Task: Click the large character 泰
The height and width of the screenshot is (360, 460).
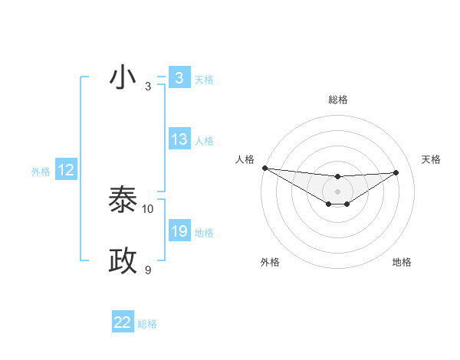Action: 123,200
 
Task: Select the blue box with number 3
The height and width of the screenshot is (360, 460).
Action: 179,78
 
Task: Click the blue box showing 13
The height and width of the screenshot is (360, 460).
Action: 179,139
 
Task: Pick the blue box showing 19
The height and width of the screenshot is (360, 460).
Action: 179,231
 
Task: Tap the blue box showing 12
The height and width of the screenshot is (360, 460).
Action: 66,170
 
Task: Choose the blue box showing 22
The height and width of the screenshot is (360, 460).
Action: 122,322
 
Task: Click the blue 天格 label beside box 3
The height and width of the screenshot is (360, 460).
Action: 204,79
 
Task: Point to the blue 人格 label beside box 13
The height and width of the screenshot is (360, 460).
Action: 204,140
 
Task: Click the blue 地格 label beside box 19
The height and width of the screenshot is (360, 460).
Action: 204,232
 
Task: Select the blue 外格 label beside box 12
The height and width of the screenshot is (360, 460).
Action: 41,171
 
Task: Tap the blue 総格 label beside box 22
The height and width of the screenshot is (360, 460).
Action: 147,323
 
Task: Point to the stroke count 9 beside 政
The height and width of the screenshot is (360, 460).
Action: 148,270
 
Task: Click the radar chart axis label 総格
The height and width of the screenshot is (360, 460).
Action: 338,100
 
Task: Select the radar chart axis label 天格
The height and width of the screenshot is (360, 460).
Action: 432,159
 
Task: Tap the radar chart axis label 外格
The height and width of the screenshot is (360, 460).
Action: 270,262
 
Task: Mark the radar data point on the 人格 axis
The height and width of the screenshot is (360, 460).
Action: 264,168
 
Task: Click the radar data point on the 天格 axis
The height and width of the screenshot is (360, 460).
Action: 396,172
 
